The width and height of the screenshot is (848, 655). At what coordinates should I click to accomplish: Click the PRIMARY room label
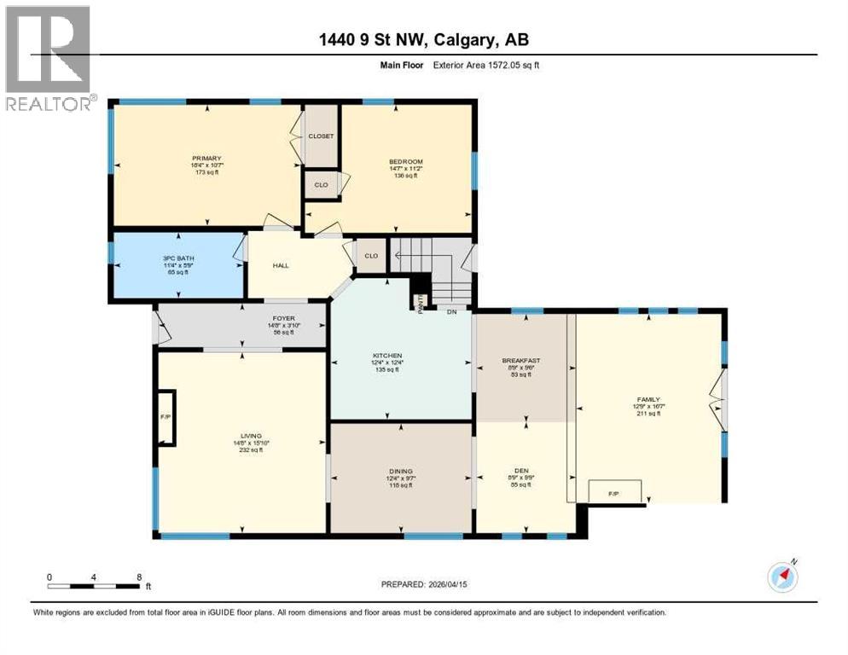pyautogui.click(x=206, y=158)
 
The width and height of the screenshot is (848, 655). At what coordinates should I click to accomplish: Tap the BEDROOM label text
pyautogui.click(x=406, y=162)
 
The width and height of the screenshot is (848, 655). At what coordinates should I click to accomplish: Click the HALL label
pyautogui.click(x=281, y=265)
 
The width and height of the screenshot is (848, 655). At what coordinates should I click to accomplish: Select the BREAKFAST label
pyautogui.click(x=521, y=361)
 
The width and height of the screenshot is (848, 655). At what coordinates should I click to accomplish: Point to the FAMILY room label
pyautogui.click(x=648, y=398)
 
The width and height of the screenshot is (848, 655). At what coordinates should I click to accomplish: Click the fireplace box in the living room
pyautogui.click(x=166, y=418)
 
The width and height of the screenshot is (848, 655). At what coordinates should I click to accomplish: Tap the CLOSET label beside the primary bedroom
pyautogui.click(x=321, y=136)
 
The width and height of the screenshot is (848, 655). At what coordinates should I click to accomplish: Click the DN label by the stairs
pyautogui.click(x=452, y=311)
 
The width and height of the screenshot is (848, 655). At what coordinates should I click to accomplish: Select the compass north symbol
pyautogui.click(x=782, y=577)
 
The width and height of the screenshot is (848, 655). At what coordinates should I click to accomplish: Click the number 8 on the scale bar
pyautogui.click(x=139, y=577)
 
